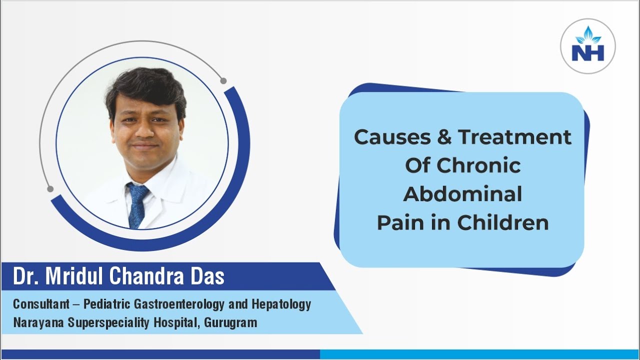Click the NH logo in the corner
point(588,46)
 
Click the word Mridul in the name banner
point(76,277)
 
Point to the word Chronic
point(484,165)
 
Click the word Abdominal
point(462,194)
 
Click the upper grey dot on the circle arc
point(223,80)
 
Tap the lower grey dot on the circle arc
point(50,188)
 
